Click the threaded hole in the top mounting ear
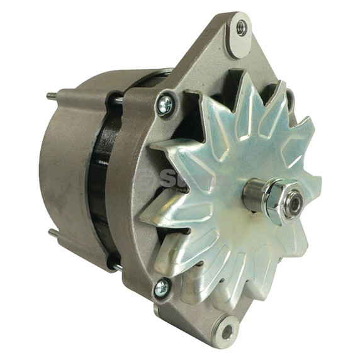click(x=241, y=27)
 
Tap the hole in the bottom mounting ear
click(x=227, y=331)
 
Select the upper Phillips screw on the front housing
click(x=166, y=104)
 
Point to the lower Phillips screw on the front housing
click(x=161, y=287)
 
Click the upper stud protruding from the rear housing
click(x=50, y=96)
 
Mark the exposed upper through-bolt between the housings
click(x=118, y=99)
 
